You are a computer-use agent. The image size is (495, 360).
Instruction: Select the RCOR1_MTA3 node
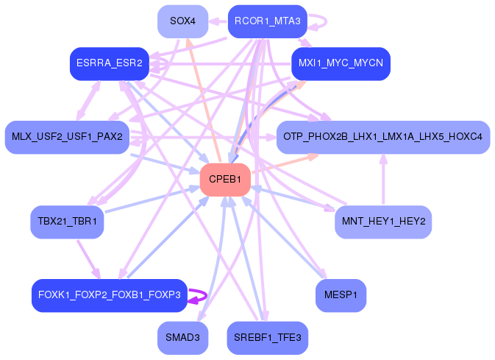(267, 21)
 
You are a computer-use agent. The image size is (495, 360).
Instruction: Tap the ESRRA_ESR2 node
(109, 64)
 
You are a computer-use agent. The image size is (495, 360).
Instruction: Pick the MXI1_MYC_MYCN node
(341, 64)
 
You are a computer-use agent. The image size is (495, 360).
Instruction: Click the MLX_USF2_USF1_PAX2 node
(67, 137)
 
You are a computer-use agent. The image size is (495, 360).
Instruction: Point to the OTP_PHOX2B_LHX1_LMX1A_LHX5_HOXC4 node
(382, 137)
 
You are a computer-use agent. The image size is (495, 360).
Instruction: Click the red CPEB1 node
(225, 180)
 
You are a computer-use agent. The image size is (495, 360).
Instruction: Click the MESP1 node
(341, 295)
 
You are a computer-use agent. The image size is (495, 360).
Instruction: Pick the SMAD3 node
(182, 338)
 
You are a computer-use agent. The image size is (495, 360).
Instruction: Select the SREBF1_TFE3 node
(267, 338)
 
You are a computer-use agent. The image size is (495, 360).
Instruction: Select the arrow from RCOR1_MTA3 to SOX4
(218, 21)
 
